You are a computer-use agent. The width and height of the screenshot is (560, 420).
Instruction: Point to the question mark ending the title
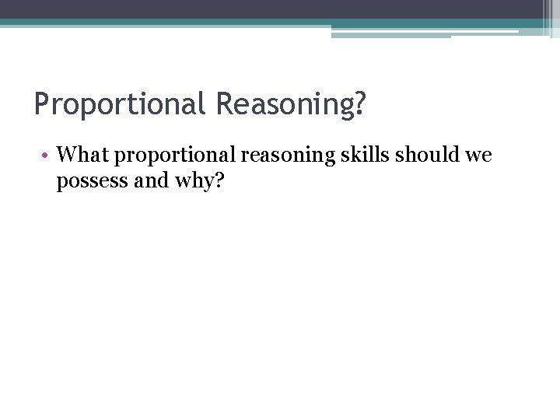358,103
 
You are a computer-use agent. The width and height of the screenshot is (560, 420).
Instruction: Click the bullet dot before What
47,156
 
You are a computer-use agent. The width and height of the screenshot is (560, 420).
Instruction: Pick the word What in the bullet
84,155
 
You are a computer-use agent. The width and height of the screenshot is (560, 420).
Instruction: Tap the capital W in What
68,155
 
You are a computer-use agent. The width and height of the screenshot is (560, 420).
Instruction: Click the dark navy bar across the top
272,9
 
